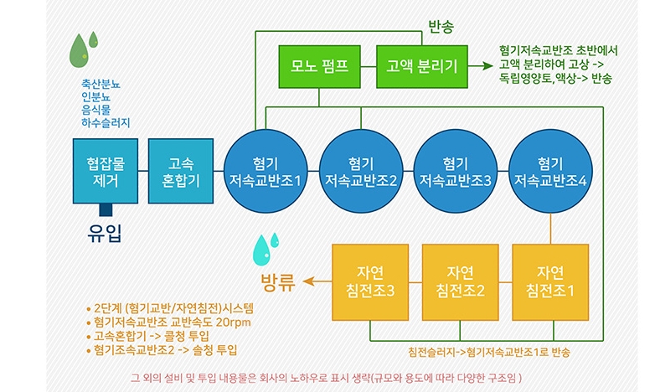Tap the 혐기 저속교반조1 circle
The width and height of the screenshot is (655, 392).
click(266, 171)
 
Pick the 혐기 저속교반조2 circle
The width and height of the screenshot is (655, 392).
click(360, 171)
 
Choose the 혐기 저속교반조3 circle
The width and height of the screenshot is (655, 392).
click(455, 171)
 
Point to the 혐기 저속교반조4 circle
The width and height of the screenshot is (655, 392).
click(549, 171)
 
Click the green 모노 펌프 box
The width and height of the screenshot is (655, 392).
click(319, 66)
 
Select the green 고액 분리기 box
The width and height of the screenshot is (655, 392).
click(416, 66)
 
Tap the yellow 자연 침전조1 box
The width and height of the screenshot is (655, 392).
click(549, 281)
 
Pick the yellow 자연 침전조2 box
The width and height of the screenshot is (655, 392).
click(460, 281)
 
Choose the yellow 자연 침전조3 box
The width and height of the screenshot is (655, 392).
click(370, 281)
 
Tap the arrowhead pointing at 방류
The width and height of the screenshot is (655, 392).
click(307, 281)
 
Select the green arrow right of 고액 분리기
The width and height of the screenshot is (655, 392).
click(481, 65)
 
